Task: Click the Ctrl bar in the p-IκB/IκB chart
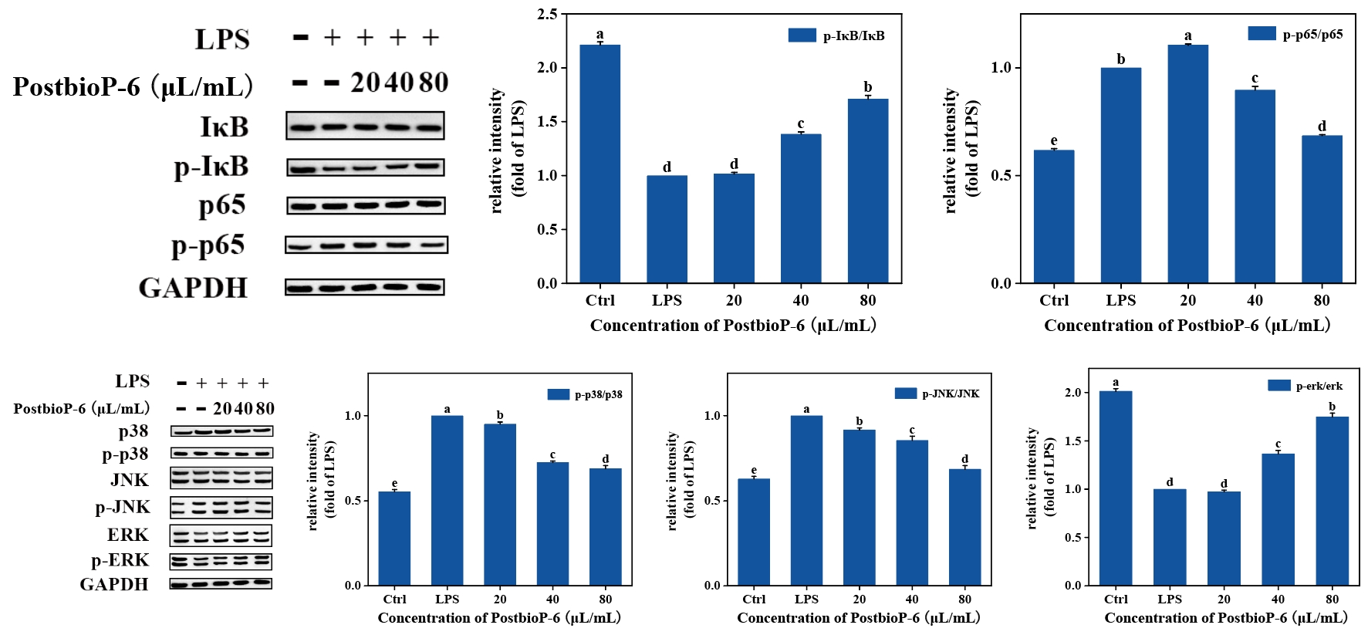[x=600, y=164]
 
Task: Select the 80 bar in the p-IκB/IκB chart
[x=867, y=191]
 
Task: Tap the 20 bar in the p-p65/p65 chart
[x=1187, y=164]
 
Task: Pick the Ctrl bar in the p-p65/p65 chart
[x=1053, y=217]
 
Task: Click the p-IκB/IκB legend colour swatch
[x=802, y=35]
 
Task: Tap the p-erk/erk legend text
[x=1319, y=386]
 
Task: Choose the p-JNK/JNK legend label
[x=951, y=393]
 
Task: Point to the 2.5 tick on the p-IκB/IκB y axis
[x=547, y=14]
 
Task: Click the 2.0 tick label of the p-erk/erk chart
[x=1072, y=393]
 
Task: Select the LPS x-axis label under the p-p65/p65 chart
[x=1120, y=300]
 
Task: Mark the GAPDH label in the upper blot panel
[x=193, y=288]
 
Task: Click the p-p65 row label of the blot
[x=208, y=245]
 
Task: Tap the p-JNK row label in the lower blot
[x=123, y=507]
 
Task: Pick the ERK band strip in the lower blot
[x=221, y=535]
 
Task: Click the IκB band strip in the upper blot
[x=365, y=127]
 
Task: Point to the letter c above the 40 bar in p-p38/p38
[x=552, y=455]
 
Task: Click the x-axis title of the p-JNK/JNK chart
[x=858, y=618]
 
